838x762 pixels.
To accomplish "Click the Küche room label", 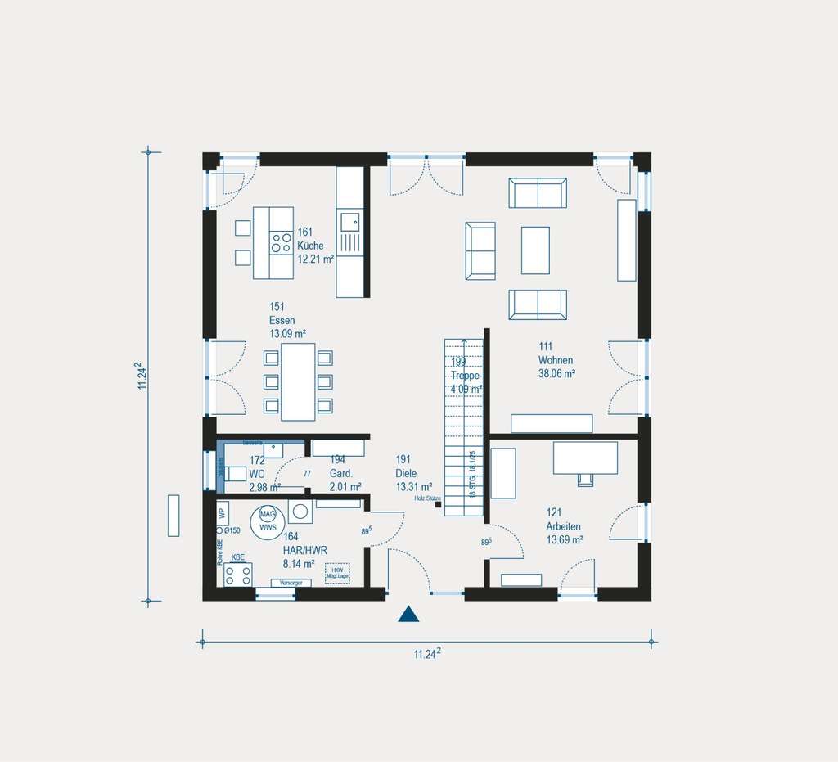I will tap(311, 246).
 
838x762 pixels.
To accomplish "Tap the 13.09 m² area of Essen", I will tap(287, 334).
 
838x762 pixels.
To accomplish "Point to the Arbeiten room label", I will tap(565, 526).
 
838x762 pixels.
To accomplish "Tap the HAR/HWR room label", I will tap(300, 551).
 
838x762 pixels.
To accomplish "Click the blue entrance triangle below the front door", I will tap(408, 615).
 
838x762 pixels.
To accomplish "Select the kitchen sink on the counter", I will tap(349, 219).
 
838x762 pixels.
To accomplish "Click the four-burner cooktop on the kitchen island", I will tap(282, 242).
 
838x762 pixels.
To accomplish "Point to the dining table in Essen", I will tap(298, 381).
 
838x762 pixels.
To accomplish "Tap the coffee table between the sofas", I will tap(535, 250).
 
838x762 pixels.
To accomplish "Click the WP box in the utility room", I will tap(222, 513).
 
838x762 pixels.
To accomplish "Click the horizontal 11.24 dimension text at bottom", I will tap(427, 653).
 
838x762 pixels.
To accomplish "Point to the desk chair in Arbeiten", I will tap(585, 479).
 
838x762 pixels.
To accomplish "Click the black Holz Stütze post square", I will tap(439, 506).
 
